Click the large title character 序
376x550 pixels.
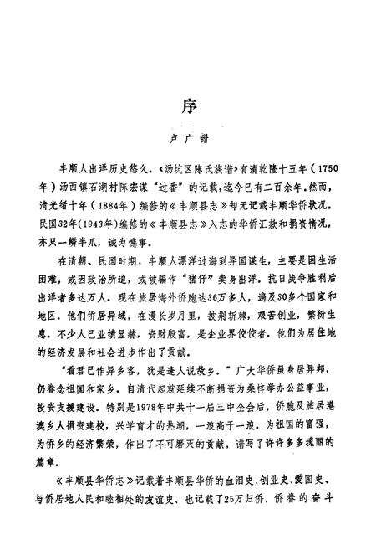(x=188, y=107)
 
